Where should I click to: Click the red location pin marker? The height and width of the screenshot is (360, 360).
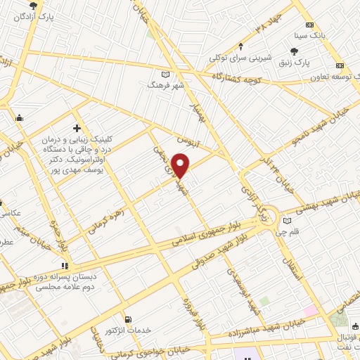coord(181,165)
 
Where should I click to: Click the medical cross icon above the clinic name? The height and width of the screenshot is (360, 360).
coord(77,128)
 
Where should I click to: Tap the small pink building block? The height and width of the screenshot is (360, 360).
coord(311,310)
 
